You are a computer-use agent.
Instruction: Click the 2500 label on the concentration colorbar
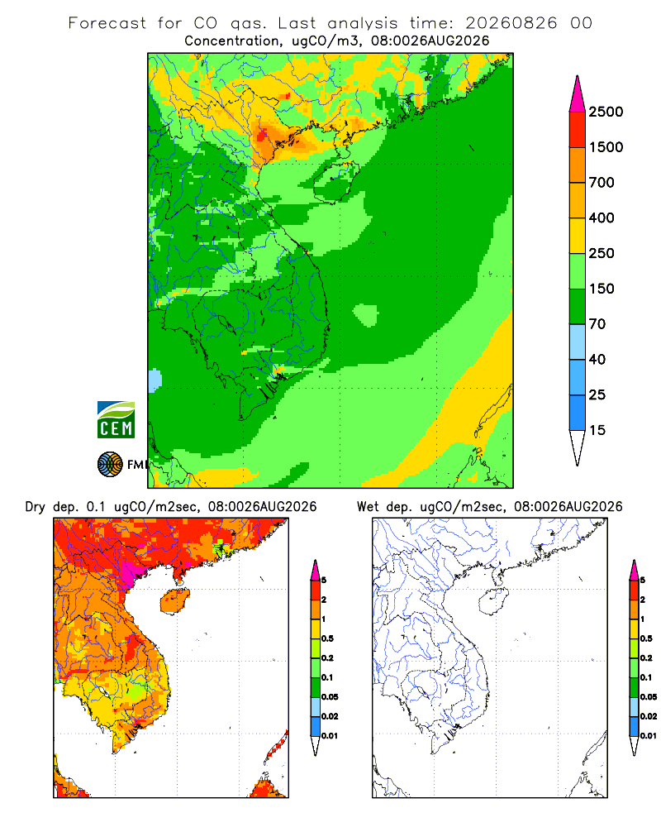pos(606,112)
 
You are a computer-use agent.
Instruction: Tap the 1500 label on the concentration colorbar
pos(606,147)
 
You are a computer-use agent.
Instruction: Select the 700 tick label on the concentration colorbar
pos(602,183)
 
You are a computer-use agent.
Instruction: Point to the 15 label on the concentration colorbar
pos(597,430)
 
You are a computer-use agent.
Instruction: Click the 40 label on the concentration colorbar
pos(597,359)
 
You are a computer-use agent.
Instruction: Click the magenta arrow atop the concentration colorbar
pos(578,94)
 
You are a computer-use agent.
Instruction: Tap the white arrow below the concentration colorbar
pos(578,448)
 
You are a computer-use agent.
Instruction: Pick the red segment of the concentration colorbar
pos(578,130)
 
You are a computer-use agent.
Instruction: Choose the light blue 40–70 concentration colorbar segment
pos(578,342)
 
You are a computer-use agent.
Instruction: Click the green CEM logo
pos(116,420)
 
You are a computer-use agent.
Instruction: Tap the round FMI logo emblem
pos(110,465)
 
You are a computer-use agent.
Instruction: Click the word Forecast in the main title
pos(107,23)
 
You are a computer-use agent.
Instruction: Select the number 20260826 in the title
pos(511,23)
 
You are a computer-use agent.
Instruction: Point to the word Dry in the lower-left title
pos(36,507)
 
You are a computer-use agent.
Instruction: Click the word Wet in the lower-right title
pos(368,507)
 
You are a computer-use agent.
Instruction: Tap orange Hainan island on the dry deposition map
pos(174,601)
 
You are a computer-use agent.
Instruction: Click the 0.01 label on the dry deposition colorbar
pos(330,736)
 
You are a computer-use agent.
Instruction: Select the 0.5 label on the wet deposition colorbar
pos(646,638)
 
